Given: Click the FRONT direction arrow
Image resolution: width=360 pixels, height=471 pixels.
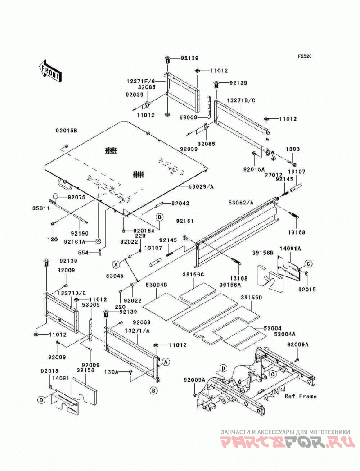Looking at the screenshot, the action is pyautogui.click(x=50, y=71).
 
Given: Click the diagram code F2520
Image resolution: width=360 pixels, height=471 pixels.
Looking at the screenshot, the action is pyautogui.click(x=305, y=56).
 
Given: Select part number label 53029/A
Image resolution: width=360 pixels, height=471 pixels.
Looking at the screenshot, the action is pyautogui.click(x=201, y=187).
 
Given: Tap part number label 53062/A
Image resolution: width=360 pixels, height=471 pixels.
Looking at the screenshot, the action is pyautogui.click(x=241, y=203).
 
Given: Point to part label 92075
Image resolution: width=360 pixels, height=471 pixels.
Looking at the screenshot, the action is pyautogui.click(x=76, y=197).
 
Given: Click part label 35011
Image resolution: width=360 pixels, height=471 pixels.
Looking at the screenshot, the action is pyautogui.click(x=41, y=208).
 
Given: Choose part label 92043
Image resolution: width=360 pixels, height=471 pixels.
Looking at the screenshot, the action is pyautogui.click(x=180, y=204).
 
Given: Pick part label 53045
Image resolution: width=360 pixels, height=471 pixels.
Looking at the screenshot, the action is pyautogui.click(x=114, y=276).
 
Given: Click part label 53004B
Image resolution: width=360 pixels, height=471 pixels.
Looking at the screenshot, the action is pyautogui.click(x=157, y=285).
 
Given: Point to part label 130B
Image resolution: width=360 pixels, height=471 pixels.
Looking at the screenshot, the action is pyautogui.click(x=292, y=149).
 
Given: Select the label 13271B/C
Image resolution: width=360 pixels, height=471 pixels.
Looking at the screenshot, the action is pyautogui.click(x=241, y=100).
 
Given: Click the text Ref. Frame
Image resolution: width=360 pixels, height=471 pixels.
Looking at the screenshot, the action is pyautogui.click(x=301, y=396).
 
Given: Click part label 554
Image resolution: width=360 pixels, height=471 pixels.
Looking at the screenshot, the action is pyautogui.click(x=83, y=253).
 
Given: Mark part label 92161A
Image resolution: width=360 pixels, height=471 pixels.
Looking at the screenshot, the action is pyautogui.click(x=75, y=241).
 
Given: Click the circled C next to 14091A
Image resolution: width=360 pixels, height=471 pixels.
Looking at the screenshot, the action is pyautogui.click(x=308, y=264).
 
